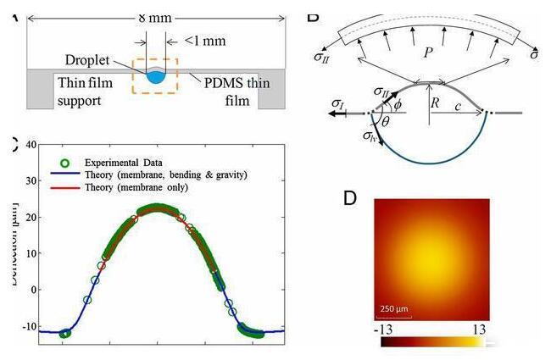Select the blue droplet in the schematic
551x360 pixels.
pyautogui.click(x=155, y=77)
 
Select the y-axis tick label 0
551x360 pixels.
pyautogui.click(x=31, y=289)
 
